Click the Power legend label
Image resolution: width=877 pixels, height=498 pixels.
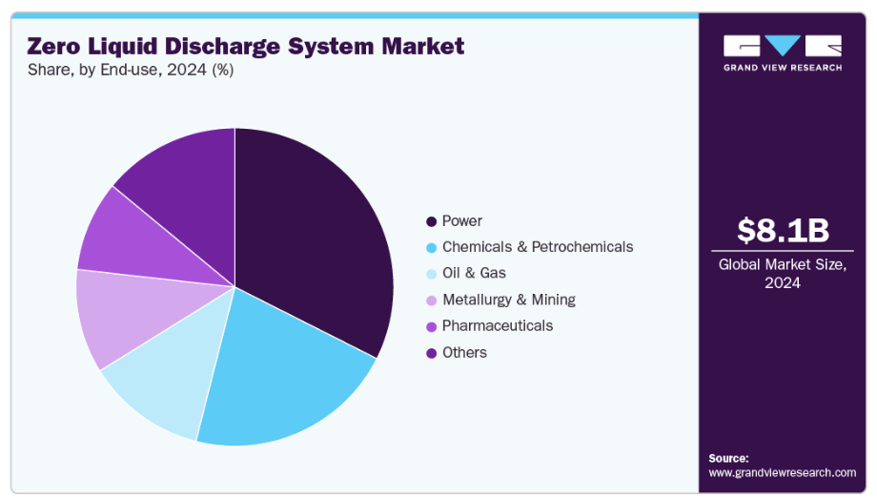461,221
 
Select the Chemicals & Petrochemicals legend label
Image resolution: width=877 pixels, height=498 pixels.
537,247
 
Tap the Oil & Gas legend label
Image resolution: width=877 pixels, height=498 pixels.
474,273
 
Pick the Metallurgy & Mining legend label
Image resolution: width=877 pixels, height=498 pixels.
508,300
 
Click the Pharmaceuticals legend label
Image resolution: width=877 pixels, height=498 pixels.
497,325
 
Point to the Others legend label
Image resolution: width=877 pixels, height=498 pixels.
464,352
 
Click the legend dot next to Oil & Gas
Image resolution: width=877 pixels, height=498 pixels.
432,274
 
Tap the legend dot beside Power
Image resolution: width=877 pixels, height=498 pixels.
432,221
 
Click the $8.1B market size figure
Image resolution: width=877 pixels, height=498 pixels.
782,231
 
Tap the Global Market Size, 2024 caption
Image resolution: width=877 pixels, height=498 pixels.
782,273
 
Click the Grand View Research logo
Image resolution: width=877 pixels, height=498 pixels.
782,52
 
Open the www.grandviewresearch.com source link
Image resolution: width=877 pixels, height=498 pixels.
782,472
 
